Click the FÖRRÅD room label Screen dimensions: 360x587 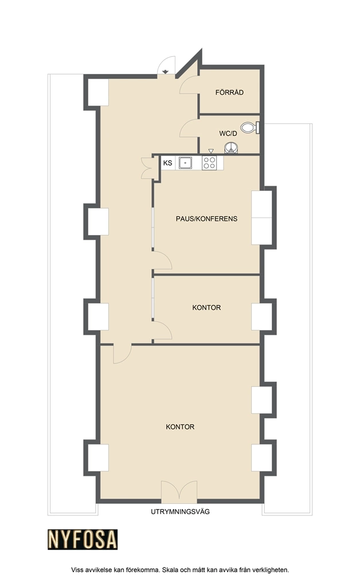(229, 92)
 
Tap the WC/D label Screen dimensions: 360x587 (228, 133)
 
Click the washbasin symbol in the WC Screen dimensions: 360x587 (231, 148)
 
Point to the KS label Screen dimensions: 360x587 (167, 163)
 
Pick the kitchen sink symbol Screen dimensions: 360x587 (185, 163)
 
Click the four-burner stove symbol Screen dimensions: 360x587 (209, 163)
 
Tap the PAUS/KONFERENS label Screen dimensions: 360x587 (206, 218)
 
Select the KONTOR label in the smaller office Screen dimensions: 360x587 (206, 307)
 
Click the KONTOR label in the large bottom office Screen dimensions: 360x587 (180, 426)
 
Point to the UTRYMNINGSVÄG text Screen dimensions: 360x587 (181, 511)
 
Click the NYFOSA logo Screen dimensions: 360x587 (83, 539)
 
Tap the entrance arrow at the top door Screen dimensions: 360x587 (166, 71)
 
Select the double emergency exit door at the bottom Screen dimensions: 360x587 (179, 492)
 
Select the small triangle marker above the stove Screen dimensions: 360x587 (211, 151)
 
